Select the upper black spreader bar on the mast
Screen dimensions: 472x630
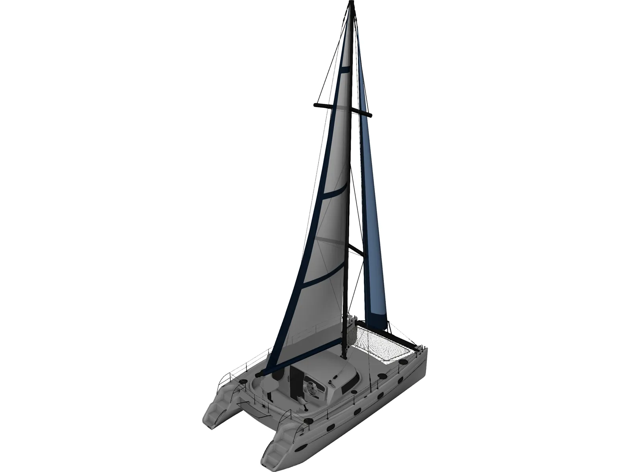(343, 109)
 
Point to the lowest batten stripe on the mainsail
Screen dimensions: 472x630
(323, 278)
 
